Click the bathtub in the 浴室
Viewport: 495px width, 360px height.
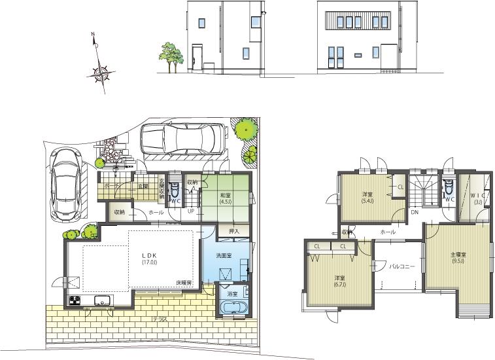point(232,308)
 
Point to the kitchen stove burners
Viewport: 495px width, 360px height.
point(74,301)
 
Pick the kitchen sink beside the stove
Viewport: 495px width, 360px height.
point(103,301)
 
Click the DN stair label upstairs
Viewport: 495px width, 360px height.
point(415,213)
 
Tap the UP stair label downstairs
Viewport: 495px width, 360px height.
point(190,211)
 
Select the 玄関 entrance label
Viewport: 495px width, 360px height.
point(143,187)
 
